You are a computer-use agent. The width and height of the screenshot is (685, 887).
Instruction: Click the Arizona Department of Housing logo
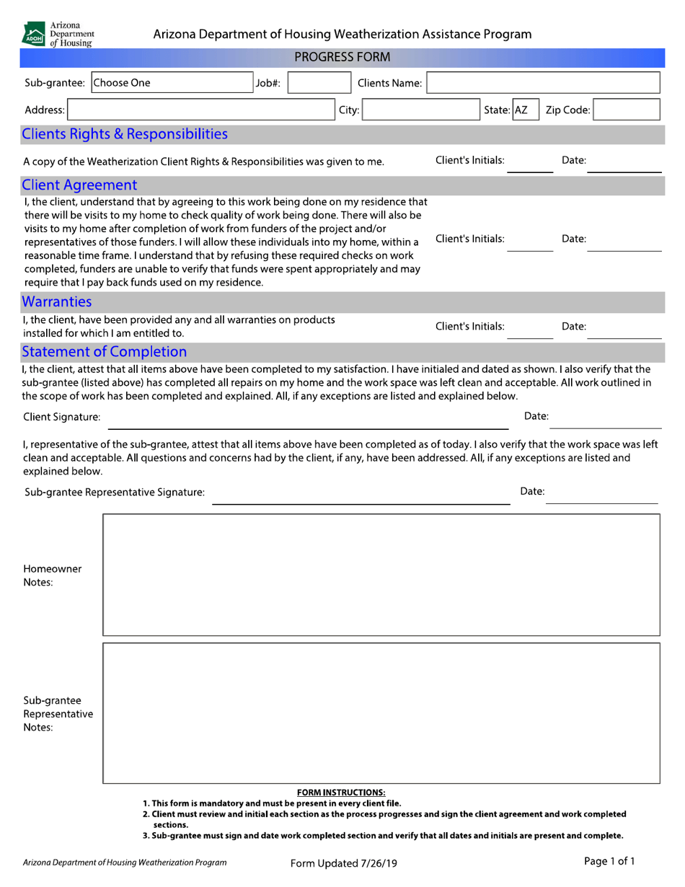58,34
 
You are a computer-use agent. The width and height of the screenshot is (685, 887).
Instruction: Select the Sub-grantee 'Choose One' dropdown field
171,84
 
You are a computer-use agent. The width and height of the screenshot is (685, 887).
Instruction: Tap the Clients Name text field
543,84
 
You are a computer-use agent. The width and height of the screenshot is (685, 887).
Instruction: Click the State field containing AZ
522,110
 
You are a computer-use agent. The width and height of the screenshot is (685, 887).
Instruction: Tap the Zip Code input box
627,110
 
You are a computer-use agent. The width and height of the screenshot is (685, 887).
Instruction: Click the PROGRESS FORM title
342,58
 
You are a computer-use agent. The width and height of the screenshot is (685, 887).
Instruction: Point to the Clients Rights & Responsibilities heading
125,134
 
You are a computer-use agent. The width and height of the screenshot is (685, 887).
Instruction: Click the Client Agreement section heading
79,185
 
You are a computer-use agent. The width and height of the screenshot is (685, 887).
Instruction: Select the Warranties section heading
57,301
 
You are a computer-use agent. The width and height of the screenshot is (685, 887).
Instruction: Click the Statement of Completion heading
105,352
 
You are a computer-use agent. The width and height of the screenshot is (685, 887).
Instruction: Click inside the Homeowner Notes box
381,575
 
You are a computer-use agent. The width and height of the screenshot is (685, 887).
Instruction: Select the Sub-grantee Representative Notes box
381,712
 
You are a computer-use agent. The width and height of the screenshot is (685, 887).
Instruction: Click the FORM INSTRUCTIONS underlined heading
341,793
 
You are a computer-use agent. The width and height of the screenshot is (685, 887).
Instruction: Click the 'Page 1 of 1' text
609,861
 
